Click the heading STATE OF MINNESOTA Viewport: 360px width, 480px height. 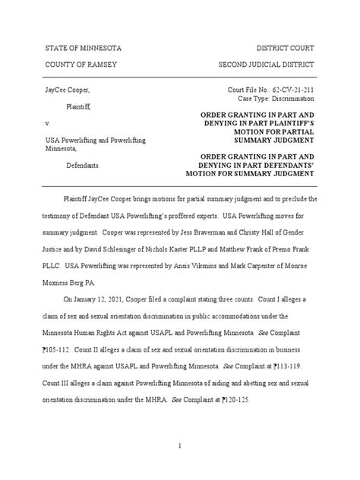click(x=84, y=49)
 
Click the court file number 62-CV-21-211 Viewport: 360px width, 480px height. click(x=290, y=91)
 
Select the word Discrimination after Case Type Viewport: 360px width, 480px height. click(x=292, y=100)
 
